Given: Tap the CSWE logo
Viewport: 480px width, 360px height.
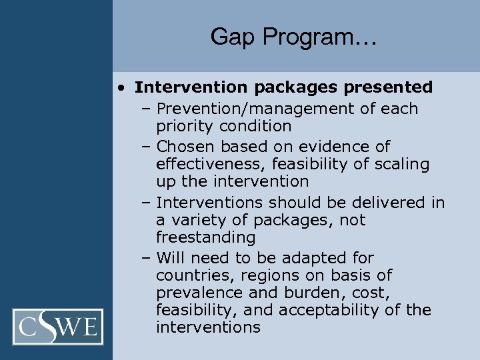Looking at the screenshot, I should click(x=61, y=327).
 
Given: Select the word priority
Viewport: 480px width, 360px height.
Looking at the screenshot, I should click(x=185, y=126).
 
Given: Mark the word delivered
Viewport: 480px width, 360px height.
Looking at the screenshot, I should click(x=386, y=203).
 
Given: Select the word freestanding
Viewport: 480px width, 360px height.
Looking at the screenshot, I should click(x=205, y=237).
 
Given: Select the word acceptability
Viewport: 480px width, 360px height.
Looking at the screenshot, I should click(x=337, y=310).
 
